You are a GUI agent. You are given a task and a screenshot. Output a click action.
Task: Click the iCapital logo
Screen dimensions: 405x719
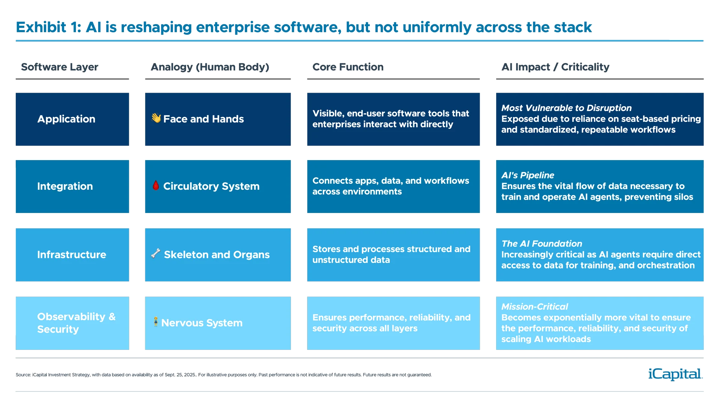tap(674, 374)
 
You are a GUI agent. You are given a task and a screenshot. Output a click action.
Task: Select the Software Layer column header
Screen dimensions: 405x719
tap(60, 67)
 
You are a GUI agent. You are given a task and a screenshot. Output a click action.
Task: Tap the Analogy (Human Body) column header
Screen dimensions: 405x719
tap(210, 67)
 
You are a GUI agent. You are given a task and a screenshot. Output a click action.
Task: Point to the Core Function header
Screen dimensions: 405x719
tap(348, 67)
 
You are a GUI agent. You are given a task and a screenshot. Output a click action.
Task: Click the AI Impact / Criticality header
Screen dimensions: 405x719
tap(555, 67)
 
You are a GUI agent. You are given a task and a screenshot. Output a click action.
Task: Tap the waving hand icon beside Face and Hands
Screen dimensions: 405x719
tap(156, 118)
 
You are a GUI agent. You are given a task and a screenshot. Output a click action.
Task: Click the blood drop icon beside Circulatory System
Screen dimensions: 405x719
tap(156, 185)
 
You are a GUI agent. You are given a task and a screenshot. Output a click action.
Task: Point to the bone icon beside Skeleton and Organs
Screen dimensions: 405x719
tap(156, 254)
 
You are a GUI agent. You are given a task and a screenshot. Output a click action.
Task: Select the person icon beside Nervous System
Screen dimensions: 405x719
tap(156, 322)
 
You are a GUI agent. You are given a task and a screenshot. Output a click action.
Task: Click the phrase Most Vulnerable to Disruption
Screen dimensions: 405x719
tap(566, 108)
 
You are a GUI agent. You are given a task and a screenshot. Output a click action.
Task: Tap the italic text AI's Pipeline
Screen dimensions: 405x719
tap(527, 175)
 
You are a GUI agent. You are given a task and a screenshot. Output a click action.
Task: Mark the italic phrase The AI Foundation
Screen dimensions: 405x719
tap(541, 244)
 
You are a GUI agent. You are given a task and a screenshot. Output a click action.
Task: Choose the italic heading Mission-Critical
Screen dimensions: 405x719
tap(534, 307)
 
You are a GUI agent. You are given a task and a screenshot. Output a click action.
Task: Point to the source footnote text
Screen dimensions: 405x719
tap(223, 375)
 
